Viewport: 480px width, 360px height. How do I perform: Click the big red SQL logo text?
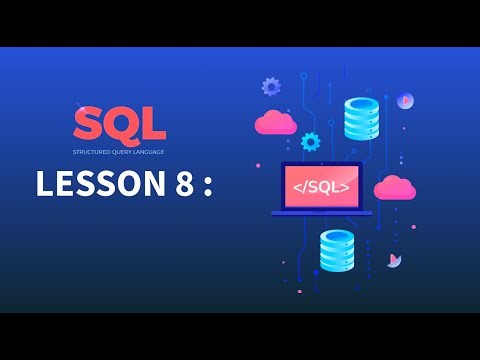pyautogui.click(x=119, y=124)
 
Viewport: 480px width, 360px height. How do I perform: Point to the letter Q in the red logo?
pyautogui.click(x=119, y=125)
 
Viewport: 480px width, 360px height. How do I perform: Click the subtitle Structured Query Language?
pyautogui.click(x=119, y=151)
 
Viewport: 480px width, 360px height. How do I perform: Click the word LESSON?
pyautogui.click(x=95, y=185)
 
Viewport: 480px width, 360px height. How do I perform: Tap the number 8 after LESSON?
pyautogui.click(x=180, y=185)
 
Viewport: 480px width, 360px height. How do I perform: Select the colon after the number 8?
pyautogui.click(x=208, y=188)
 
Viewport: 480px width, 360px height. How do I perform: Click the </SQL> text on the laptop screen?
pyautogui.click(x=320, y=186)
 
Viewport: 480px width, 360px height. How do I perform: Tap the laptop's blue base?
pyautogui.click(x=321, y=212)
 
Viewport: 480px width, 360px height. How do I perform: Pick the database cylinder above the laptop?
pyautogui.click(x=361, y=119)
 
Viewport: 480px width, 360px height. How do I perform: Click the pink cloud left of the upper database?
pyautogui.click(x=275, y=123)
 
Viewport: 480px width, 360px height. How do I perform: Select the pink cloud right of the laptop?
pyautogui.click(x=394, y=187)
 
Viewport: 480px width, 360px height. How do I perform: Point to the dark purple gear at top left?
pyautogui.click(x=270, y=87)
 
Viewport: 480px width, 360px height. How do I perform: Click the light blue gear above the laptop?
pyautogui.click(x=310, y=141)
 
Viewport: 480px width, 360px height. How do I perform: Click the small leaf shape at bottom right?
pyautogui.click(x=395, y=260)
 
